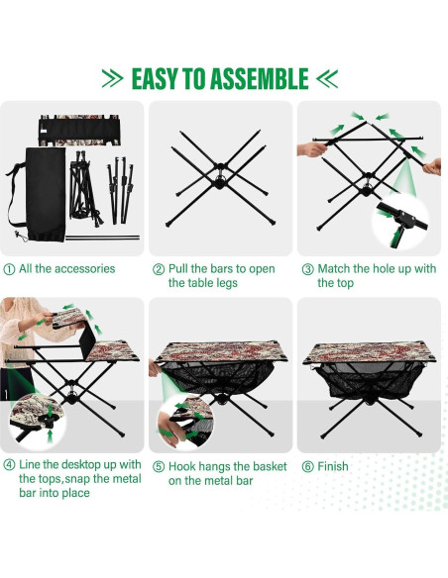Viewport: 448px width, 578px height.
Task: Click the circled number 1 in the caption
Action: click(x=9, y=268)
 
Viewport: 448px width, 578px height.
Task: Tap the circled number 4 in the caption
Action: click(x=9, y=466)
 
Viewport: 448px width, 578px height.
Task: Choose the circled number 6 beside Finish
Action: click(x=307, y=466)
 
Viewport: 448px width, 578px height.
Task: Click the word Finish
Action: click(x=334, y=466)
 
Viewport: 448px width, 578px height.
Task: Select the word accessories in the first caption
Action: click(x=82, y=268)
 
